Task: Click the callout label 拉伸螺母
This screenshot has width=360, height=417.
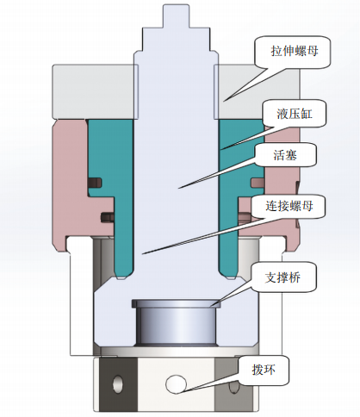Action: [295, 51]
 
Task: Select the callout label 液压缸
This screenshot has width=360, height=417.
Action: [295, 114]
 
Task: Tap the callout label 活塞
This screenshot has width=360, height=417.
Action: [285, 155]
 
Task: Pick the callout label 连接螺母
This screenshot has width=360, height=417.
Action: [289, 206]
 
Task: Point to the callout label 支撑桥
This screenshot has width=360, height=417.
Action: [282, 277]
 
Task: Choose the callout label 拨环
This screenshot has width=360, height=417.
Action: [264, 370]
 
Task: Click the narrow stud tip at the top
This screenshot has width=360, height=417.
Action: [177, 16]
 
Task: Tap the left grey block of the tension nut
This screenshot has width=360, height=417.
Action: [93, 92]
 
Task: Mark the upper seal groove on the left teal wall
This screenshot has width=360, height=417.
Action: [96, 183]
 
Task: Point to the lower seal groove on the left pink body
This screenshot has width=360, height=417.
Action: [108, 216]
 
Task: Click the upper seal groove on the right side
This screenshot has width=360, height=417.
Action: [258, 182]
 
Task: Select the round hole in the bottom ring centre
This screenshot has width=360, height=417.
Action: [176, 383]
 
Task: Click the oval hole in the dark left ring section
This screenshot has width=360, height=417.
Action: [117, 383]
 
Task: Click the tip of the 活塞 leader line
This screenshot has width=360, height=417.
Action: [178, 189]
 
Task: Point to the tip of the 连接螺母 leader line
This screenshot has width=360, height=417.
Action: [143, 254]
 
